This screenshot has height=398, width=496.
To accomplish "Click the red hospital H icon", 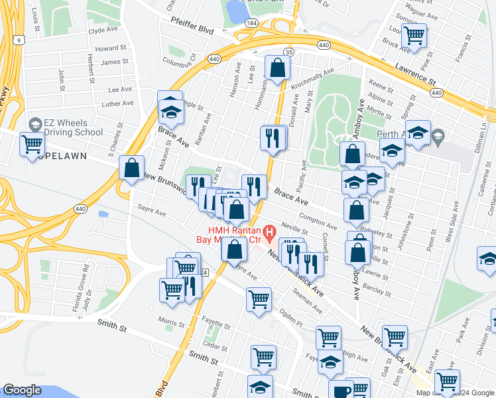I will point(269,232).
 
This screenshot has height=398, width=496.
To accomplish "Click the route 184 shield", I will point(251,23).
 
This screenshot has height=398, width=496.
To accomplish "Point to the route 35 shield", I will point(288,52).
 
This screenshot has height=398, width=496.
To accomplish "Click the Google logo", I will point(23,390).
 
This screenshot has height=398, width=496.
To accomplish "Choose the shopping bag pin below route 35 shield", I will point(277,67).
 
